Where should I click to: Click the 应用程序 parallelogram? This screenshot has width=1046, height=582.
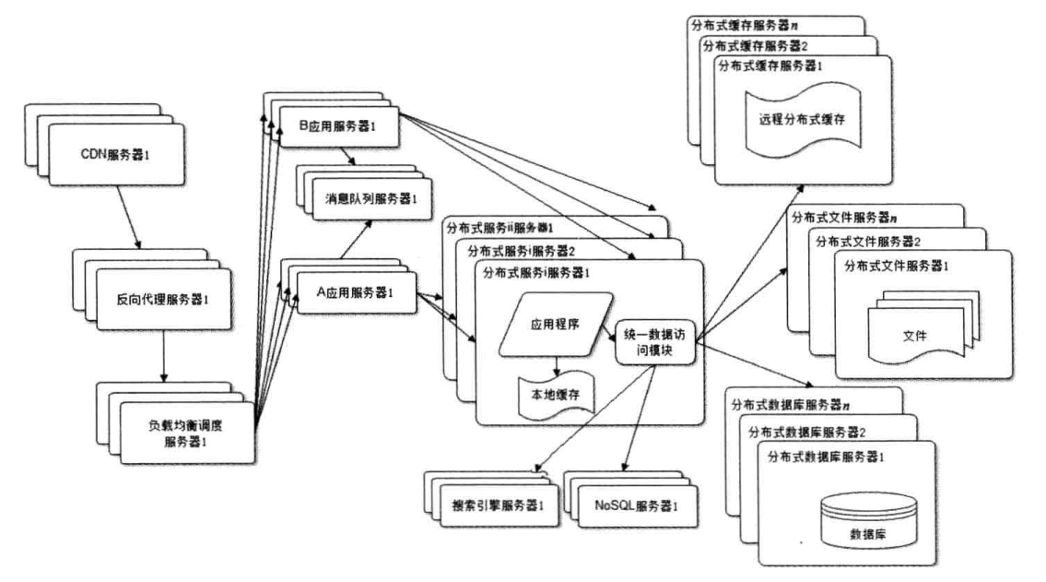pyautogui.click(x=554, y=326)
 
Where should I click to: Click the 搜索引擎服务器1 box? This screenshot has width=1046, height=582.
pyautogui.click(x=498, y=506)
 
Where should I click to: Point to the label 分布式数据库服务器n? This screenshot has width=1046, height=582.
pyautogui.click(x=790, y=404)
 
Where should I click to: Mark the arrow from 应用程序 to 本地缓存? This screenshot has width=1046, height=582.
pyautogui.click(x=556, y=365)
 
